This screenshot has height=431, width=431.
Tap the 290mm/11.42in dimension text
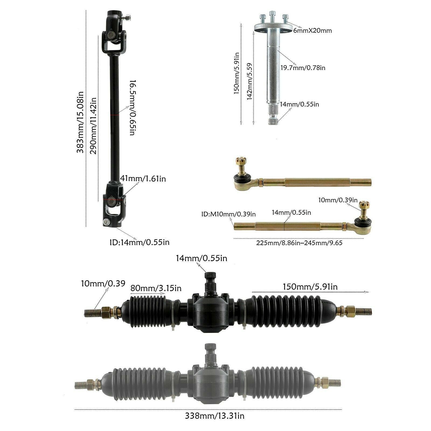click(93, 126)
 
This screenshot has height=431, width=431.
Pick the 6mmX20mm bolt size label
click(312, 31)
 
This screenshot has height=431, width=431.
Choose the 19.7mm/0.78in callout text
click(303, 68)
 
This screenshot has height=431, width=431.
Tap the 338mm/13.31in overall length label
click(215, 416)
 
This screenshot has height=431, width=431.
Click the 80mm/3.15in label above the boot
click(156, 288)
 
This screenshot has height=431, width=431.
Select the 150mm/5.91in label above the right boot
click(310, 287)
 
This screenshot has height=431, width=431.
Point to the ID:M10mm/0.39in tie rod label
click(228, 214)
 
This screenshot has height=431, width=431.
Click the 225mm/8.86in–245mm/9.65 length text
click(299, 243)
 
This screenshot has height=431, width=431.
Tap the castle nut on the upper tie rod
click(239, 162)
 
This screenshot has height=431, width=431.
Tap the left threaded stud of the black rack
click(92, 312)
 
